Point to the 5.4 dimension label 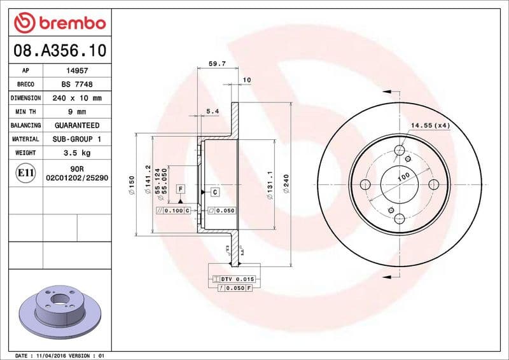click(x=213, y=112)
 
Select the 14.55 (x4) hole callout click(x=429, y=125)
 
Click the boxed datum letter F click(x=181, y=189)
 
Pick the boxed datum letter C click(x=214, y=191)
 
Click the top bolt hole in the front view click(x=400, y=151)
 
